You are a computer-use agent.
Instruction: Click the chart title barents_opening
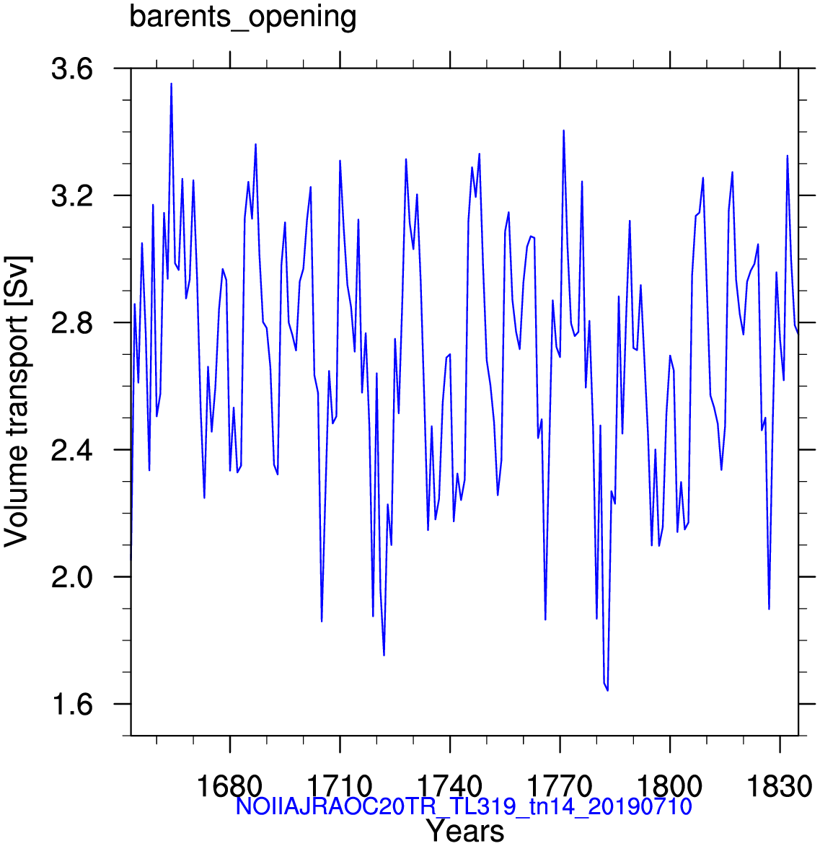pos(243,17)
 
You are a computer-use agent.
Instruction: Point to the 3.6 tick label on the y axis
pos(71,69)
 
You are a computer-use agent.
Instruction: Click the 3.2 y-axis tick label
pos(71,196)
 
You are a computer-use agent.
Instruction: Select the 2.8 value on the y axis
pos(71,323)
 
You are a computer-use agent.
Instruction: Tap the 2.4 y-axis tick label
pos(71,450)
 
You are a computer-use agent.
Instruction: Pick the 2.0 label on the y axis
pos(71,577)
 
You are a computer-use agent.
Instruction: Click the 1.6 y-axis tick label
pos(71,705)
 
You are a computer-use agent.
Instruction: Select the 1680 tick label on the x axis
pos(230,787)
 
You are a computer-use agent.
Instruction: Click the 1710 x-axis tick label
pos(340,787)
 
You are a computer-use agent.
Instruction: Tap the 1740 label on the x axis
pos(450,787)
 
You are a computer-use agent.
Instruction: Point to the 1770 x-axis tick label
pos(560,787)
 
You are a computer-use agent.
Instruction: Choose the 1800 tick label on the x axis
pos(670,787)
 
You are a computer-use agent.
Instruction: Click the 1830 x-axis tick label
pos(780,787)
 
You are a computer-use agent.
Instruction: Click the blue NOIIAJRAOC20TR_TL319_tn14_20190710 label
pos(464,807)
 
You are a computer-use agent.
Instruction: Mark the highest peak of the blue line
pos(171,84)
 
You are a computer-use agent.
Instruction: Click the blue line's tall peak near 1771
pos(563,130)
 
